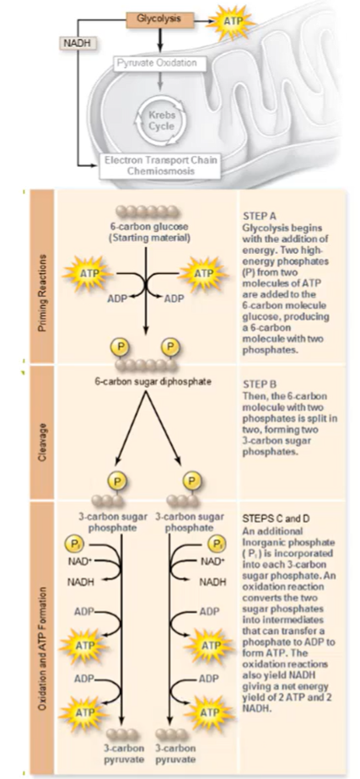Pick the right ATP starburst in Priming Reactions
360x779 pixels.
pos(204,275)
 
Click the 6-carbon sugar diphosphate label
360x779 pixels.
pos(148,381)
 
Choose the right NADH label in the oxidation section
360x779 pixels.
pos(214,582)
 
